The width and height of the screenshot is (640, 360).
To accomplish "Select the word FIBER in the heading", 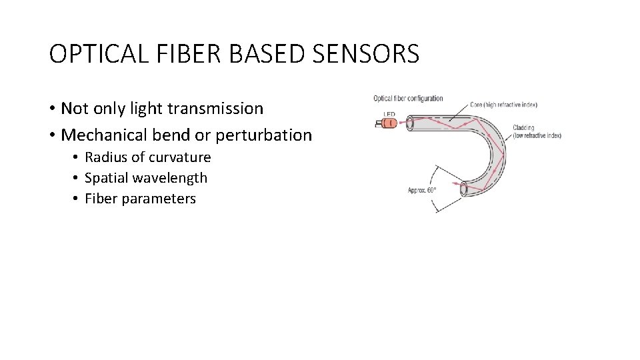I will [x=183, y=54].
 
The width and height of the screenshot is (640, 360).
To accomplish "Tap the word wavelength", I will [x=175, y=178].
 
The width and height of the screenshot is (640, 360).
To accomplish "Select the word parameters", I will [x=165, y=199].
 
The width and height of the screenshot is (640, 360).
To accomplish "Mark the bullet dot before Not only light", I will [x=52, y=108].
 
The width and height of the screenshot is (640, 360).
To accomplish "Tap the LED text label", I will [x=389, y=114].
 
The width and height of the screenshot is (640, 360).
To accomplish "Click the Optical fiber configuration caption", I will [x=407, y=99].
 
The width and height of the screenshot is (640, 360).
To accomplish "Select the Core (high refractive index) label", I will [x=503, y=105].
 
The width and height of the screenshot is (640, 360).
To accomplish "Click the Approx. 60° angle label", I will [x=422, y=191].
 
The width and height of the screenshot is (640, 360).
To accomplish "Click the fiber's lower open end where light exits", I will [x=462, y=189].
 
